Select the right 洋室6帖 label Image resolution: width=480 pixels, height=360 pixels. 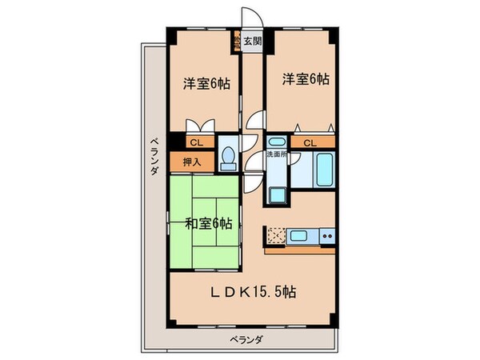click(x=305, y=78)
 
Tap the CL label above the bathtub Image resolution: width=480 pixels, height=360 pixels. click(x=308, y=142)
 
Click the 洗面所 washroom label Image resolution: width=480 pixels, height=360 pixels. click(x=277, y=154)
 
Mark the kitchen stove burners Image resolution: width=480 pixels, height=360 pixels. click(x=326, y=235)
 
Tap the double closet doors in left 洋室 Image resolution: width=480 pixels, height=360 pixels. click(x=200, y=126)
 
